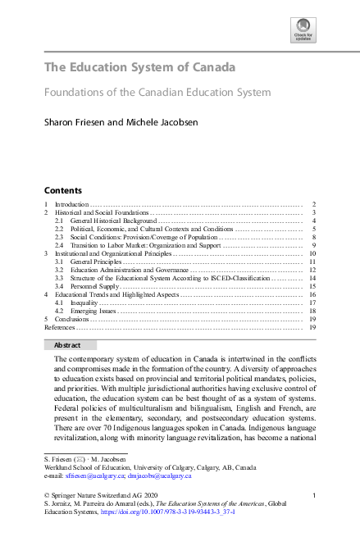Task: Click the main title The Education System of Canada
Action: point(139,67)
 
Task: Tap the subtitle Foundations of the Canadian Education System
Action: point(157,93)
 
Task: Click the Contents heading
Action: point(62,189)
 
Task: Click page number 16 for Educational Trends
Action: point(312,293)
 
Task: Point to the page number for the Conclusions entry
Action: point(312,318)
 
